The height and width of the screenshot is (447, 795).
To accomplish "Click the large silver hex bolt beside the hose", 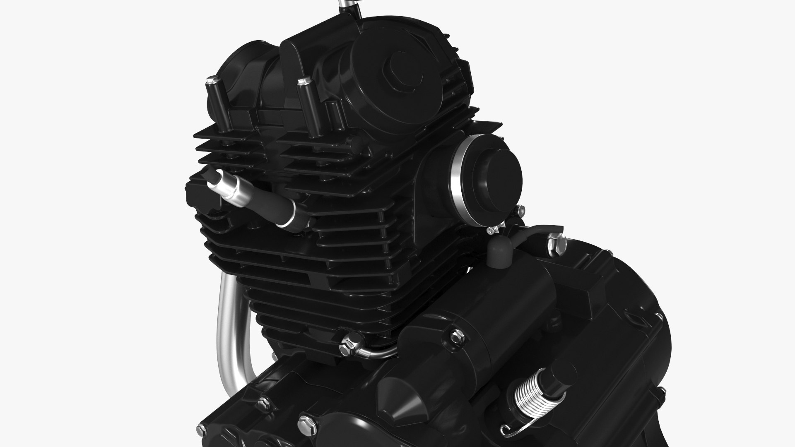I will pos(556,244).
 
